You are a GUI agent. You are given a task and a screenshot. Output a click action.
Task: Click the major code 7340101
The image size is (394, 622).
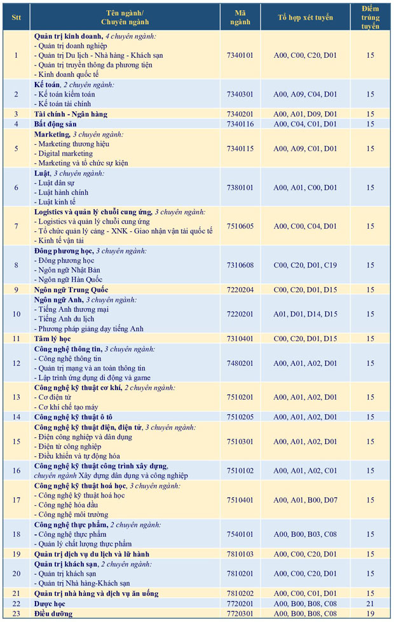(x=239, y=55)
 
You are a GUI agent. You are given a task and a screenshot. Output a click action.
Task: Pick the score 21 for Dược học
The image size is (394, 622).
(x=370, y=603)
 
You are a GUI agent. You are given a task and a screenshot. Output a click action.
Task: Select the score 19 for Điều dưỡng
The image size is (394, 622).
(x=370, y=613)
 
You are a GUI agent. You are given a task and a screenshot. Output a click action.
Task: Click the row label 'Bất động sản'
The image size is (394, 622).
(x=55, y=124)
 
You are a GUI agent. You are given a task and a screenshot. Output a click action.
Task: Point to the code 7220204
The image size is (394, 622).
(x=239, y=290)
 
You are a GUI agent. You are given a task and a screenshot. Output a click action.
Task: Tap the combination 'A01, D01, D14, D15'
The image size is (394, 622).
(x=305, y=314)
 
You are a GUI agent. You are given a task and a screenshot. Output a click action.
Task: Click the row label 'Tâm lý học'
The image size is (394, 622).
(x=52, y=339)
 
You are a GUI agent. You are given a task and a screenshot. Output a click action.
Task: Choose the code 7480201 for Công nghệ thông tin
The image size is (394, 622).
(x=239, y=363)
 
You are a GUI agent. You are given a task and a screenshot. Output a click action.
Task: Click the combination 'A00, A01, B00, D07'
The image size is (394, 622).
(x=305, y=499)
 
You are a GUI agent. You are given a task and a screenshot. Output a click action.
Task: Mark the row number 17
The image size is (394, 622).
(x=16, y=499)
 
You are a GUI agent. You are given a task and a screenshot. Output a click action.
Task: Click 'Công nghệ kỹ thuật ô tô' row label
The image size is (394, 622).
(x=73, y=417)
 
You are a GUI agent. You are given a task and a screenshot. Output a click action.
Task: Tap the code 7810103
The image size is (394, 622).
(x=239, y=554)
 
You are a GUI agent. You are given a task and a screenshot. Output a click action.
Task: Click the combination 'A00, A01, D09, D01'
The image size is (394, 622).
(x=305, y=114)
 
